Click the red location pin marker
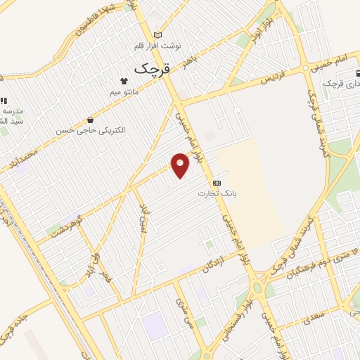pyautogui.click(x=181, y=165)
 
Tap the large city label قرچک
pyautogui.click(x=149, y=69)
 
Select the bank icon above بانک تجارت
pyautogui.click(x=217, y=183)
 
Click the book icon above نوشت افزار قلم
pyautogui.click(x=157, y=35)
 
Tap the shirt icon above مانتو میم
pyautogui.click(x=124, y=81)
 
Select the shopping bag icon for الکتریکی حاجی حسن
pyautogui.click(x=89, y=120)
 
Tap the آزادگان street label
pyautogui.click(x=217, y=261)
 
